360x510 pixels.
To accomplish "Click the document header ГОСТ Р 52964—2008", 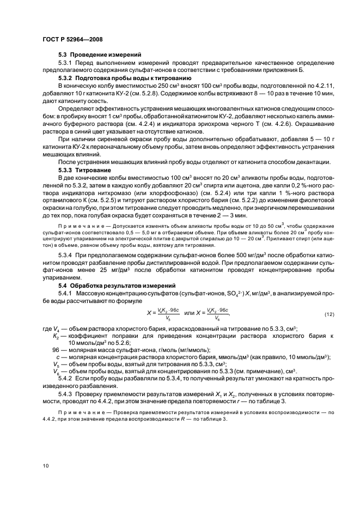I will point(72,40).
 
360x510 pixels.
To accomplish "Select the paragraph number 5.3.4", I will point(66,255).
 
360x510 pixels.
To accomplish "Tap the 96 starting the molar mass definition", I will point(55,350).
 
